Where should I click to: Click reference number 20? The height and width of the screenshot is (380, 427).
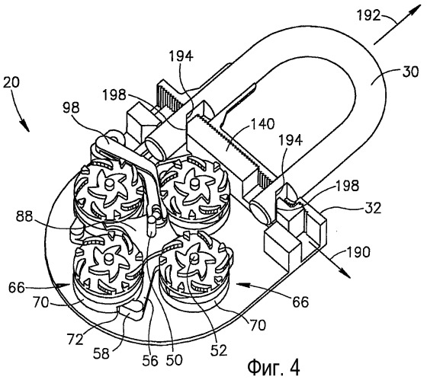(x=11, y=82)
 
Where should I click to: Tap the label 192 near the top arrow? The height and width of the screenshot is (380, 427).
(x=368, y=15)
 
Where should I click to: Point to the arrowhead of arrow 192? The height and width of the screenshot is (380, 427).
(x=416, y=10)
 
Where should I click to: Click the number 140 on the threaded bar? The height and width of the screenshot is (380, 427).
(x=262, y=124)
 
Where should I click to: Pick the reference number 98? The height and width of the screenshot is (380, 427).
(x=71, y=108)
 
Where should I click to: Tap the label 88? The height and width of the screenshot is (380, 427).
(x=24, y=217)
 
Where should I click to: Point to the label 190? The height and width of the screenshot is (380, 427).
(x=358, y=252)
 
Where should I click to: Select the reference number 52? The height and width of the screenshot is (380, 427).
(x=219, y=350)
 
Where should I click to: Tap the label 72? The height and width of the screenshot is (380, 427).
(x=75, y=340)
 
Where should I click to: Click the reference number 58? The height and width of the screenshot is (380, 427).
(x=101, y=354)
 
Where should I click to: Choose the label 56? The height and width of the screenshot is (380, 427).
(x=150, y=360)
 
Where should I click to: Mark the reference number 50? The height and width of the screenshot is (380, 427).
(x=175, y=360)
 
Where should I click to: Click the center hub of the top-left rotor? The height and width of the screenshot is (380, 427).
(x=111, y=184)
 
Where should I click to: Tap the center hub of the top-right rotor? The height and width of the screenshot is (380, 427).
(x=195, y=184)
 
